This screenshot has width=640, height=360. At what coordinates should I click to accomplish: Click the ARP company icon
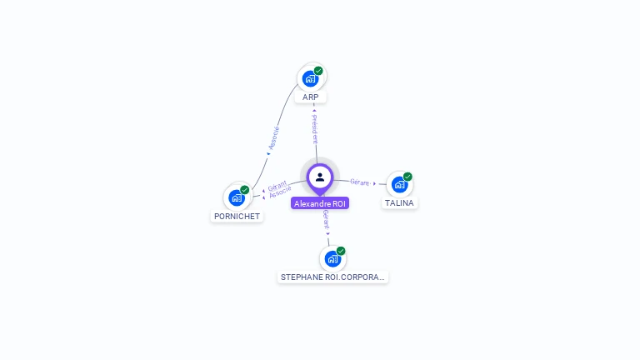[311, 78]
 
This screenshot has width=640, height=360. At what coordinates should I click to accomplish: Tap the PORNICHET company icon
[237, 197]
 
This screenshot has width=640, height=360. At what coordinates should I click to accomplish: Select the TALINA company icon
[399, 184]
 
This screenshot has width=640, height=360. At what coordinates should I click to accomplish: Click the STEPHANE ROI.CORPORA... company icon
[332, 258]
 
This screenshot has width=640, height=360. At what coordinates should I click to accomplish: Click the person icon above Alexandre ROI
[320, 177]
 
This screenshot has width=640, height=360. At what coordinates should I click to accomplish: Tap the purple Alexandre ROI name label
[320, 203]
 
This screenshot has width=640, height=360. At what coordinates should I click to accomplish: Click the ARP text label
[311, 97]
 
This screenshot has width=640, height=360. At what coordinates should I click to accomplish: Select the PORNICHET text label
[237, 217]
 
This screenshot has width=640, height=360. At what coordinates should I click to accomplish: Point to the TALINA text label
[399, 203]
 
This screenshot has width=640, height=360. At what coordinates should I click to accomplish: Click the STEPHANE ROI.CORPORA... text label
[332, 277]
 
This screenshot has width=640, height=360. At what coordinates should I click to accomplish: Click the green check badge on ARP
[318, 71]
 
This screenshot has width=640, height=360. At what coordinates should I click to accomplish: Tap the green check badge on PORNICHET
[245, 190]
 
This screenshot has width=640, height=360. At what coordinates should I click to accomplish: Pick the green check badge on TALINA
[407, 177]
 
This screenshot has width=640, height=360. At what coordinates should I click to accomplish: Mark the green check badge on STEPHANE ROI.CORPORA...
[341, 251]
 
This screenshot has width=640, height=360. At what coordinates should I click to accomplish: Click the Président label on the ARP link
[314, 129]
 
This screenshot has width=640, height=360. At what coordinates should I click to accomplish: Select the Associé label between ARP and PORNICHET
[274, 137]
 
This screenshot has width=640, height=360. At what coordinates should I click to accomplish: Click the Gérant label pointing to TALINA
[359, 182]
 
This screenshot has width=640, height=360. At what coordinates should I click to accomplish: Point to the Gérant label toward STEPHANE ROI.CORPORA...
[326, 220]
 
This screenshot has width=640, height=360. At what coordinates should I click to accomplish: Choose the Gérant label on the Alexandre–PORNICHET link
[277, 186]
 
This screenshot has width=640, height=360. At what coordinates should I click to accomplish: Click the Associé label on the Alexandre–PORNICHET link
[281, 192]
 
